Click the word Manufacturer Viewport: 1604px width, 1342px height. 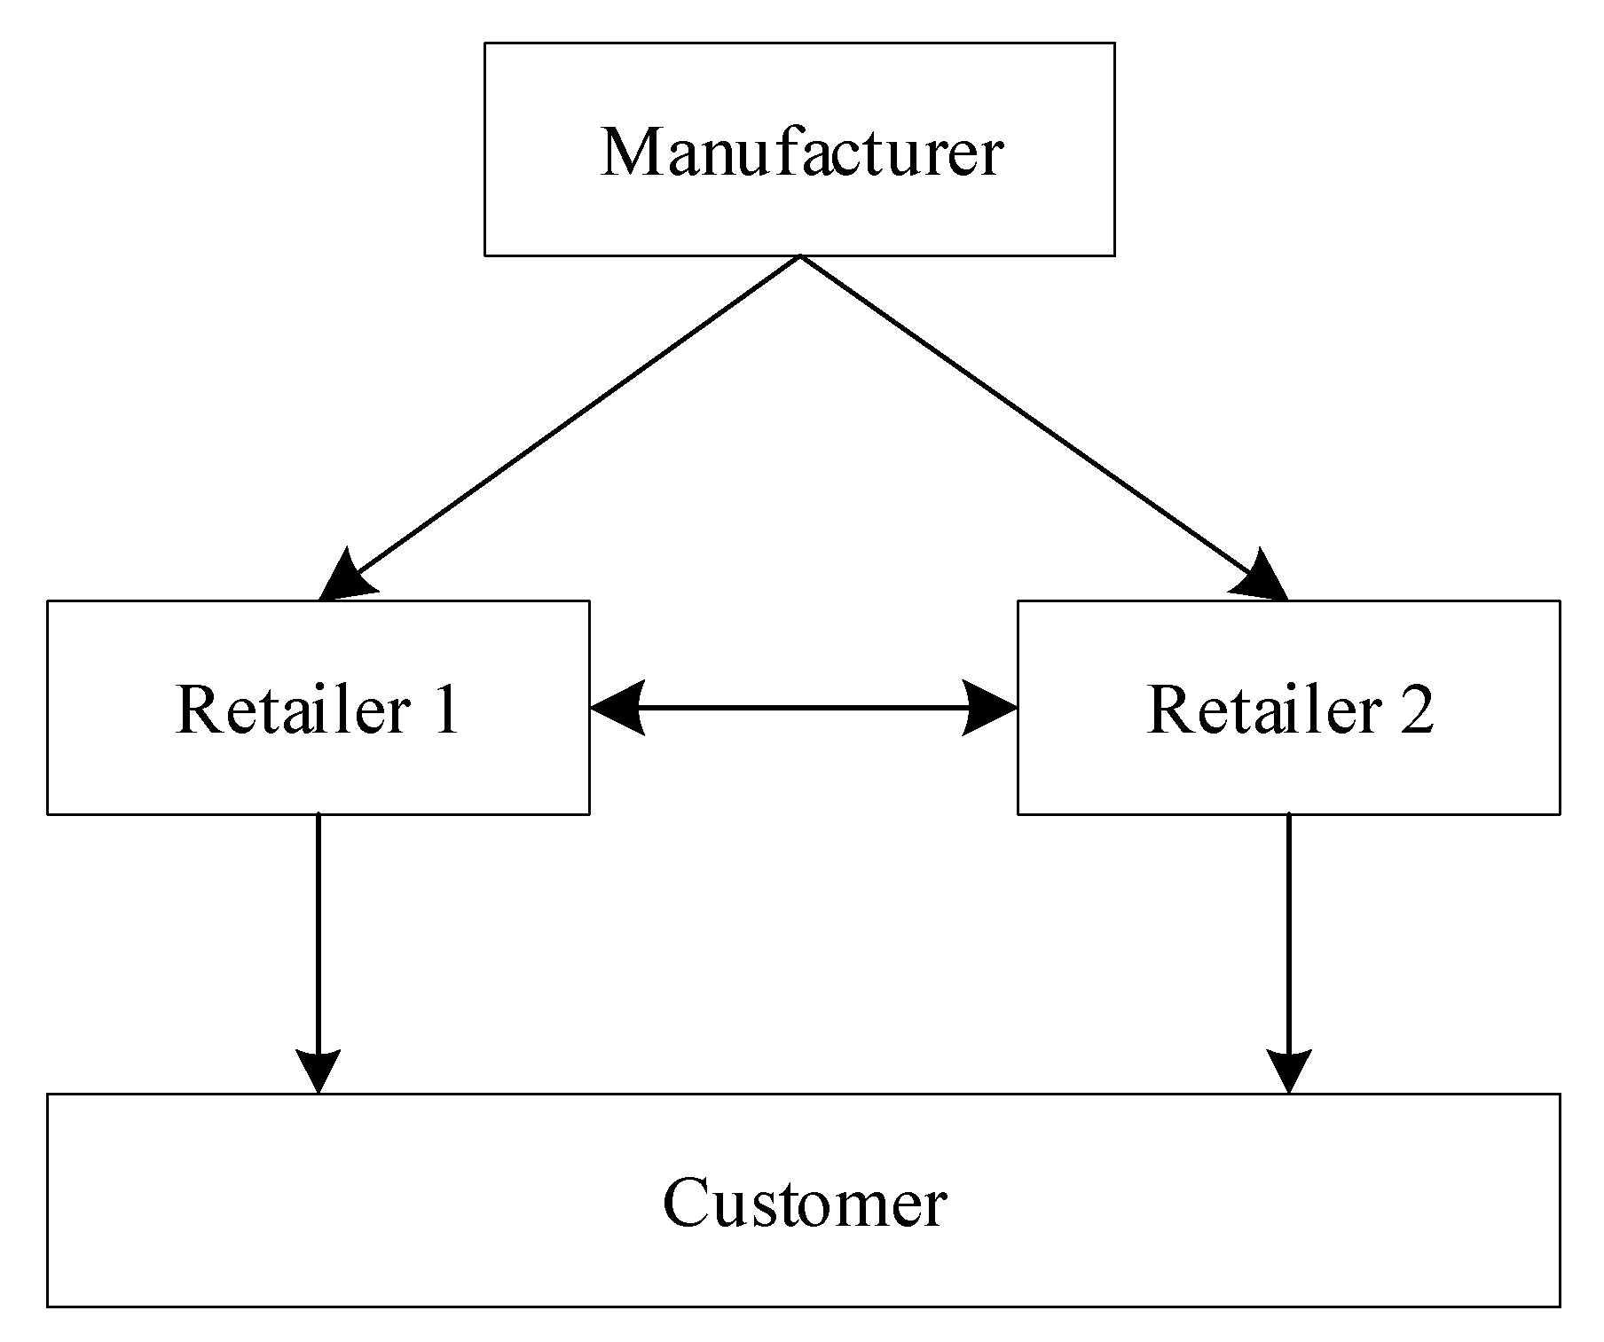tap(801, 153)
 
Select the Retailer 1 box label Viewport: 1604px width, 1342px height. tap(318, 709)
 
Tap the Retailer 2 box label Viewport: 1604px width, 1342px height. tap(1289, 709)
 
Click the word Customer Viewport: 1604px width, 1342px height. tap(804, 1203)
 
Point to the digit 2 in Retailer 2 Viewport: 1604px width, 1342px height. tap(1416, 709)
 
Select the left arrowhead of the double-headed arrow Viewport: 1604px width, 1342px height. tap(616, 708)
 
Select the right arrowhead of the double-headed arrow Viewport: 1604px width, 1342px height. tap(991, 708)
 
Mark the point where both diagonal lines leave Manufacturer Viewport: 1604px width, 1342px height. tap(800, 256)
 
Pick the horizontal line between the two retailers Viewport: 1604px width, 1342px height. tap(803, 708)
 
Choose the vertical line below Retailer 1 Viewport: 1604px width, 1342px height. tap(318, 931)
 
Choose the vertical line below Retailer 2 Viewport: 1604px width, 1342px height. tap(1288, 931)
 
